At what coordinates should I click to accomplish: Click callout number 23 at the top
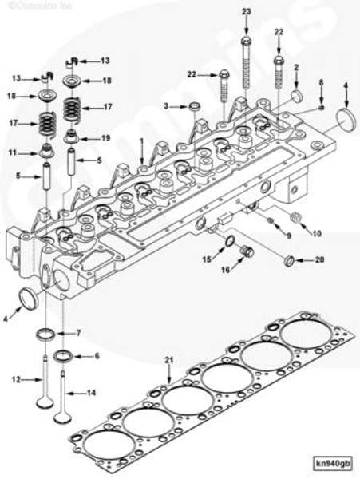(246, 10)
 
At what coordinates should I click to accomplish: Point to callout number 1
(140, 141)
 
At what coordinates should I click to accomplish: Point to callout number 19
(105, 137)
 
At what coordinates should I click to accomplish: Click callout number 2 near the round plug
(296, 68)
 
